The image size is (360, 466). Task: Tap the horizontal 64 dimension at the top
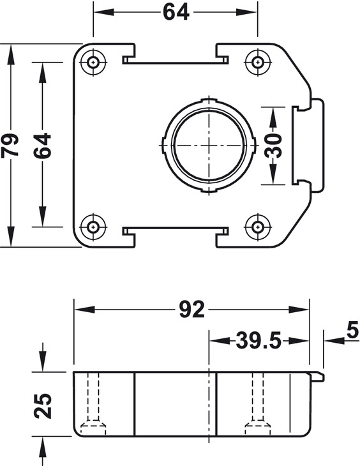(176, 11)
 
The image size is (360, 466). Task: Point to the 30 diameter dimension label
(273, 145)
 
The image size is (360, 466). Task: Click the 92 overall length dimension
(191, 310)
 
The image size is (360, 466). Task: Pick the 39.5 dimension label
(259, 341)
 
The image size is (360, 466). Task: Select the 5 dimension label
(351, 330)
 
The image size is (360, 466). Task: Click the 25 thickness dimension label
(43, 405)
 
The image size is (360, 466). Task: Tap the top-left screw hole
(94, 63)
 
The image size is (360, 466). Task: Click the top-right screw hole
(258, 63)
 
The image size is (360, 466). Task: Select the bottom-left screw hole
(94, 226)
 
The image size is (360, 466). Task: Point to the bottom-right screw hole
(258, 226)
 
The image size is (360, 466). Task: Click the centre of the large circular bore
(209, 145)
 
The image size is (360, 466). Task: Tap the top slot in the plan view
(176, 60)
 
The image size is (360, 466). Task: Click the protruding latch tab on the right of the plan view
(309, 145)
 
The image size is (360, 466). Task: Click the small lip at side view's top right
(317, 376)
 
